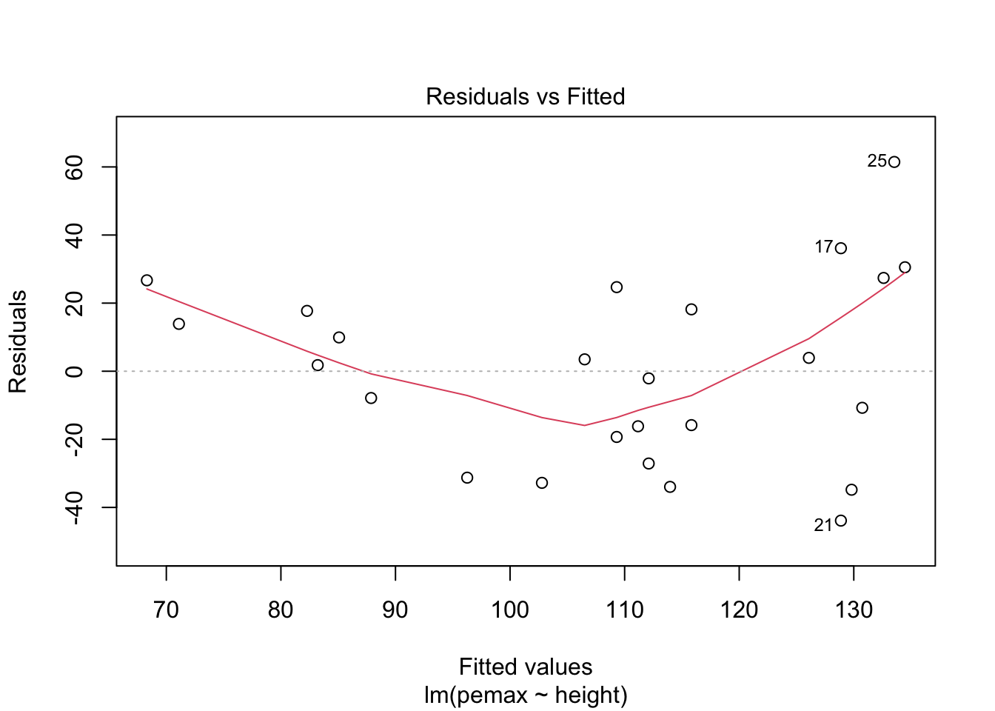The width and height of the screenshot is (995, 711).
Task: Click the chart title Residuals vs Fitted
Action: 525,96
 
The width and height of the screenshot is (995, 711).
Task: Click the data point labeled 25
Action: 894,162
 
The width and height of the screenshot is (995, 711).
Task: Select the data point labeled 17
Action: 841,248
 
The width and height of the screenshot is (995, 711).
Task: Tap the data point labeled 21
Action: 841,521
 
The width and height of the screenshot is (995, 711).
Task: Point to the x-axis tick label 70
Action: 167,610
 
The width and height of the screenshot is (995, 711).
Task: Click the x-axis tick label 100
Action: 510,610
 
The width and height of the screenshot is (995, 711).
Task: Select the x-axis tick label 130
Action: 854,610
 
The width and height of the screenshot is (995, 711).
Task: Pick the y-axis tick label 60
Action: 74,167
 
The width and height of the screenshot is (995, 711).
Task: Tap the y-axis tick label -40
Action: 74,507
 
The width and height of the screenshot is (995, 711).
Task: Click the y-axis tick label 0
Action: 74,371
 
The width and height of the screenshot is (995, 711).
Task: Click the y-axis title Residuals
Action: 18,341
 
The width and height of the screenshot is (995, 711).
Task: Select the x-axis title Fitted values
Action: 526,667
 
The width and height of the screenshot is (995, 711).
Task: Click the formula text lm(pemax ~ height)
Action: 526,695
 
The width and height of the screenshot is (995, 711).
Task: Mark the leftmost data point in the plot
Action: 147,280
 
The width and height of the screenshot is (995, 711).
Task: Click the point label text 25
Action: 877,161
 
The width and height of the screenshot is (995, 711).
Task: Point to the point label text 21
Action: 823,525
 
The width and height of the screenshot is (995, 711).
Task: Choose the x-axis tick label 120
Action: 739,610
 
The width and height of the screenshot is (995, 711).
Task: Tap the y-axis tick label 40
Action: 74,236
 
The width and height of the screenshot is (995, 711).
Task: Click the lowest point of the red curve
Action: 584,425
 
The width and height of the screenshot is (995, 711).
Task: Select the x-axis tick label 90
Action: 395,610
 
